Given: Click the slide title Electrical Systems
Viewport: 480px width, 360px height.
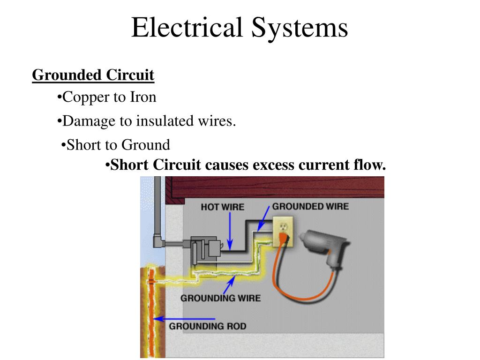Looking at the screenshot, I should tap(240, 28).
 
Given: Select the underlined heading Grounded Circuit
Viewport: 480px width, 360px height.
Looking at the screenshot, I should tap(93, 75).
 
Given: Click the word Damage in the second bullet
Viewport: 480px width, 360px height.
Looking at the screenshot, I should tap(89, 121).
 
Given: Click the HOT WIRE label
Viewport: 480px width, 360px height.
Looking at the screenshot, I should tap(223, 207).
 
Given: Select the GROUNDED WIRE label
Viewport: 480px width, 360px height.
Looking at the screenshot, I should tap(310, 206).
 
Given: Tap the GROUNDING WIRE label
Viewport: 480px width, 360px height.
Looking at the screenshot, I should tap(220, 298).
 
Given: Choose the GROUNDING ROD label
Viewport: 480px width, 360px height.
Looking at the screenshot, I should tap(207, 326).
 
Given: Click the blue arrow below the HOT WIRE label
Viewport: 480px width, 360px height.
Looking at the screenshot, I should tap(230, 230).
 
